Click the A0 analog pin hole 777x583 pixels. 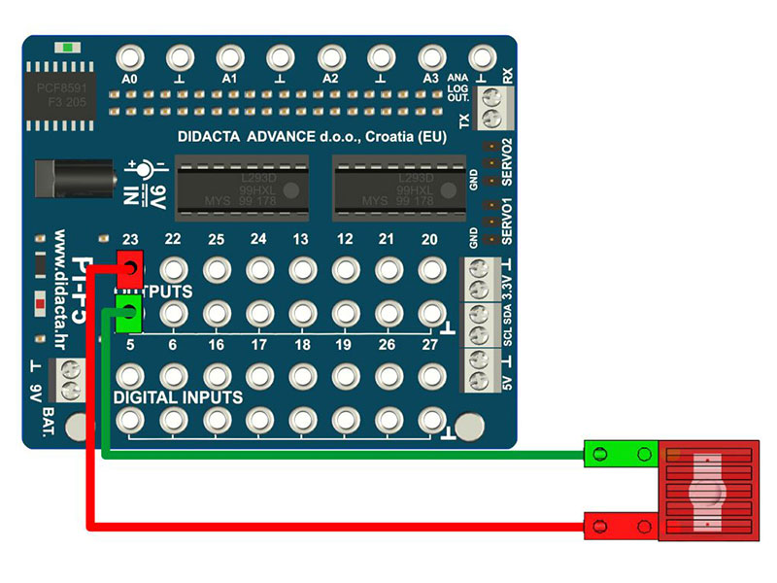130,57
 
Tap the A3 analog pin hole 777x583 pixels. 430,57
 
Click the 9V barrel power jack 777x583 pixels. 58,181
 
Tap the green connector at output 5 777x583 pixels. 128,312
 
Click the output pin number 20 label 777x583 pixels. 429,240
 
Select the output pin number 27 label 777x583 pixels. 429,345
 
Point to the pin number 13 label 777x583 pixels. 301,240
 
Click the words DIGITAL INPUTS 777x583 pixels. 178,397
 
